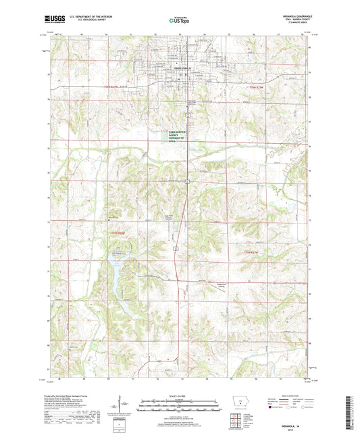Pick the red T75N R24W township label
pos(119,234)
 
